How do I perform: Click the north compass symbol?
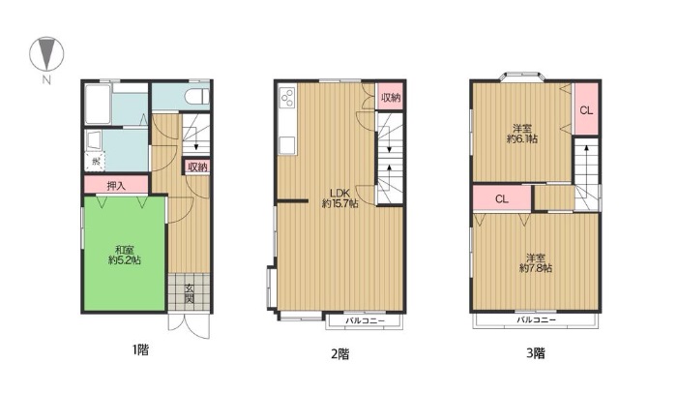click(46, 54)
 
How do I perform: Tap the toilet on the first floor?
click(198, 97)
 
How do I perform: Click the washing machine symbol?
click(95, 162)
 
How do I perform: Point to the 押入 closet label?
click(116, 186)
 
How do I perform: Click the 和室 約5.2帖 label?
click(125, 255)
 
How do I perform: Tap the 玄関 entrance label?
click(190, 293)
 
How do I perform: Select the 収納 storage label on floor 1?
click(197, 167)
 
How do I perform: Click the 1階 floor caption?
click(140, 349)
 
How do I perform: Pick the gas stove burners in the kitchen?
click(287, 98)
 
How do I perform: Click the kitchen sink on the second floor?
click(287, 145)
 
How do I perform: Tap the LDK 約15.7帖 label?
click(339, 197)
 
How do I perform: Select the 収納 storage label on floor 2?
click(391, 97)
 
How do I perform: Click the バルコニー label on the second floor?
click(365, 321)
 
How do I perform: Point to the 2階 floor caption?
click(340, 354)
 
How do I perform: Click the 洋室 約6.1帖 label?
click(522, 134)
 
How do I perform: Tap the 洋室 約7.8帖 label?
click(536, 262)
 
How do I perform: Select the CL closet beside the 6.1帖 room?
click(586, 110)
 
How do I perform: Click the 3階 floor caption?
click(536, 353)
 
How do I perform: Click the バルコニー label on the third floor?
click(536, 320)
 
